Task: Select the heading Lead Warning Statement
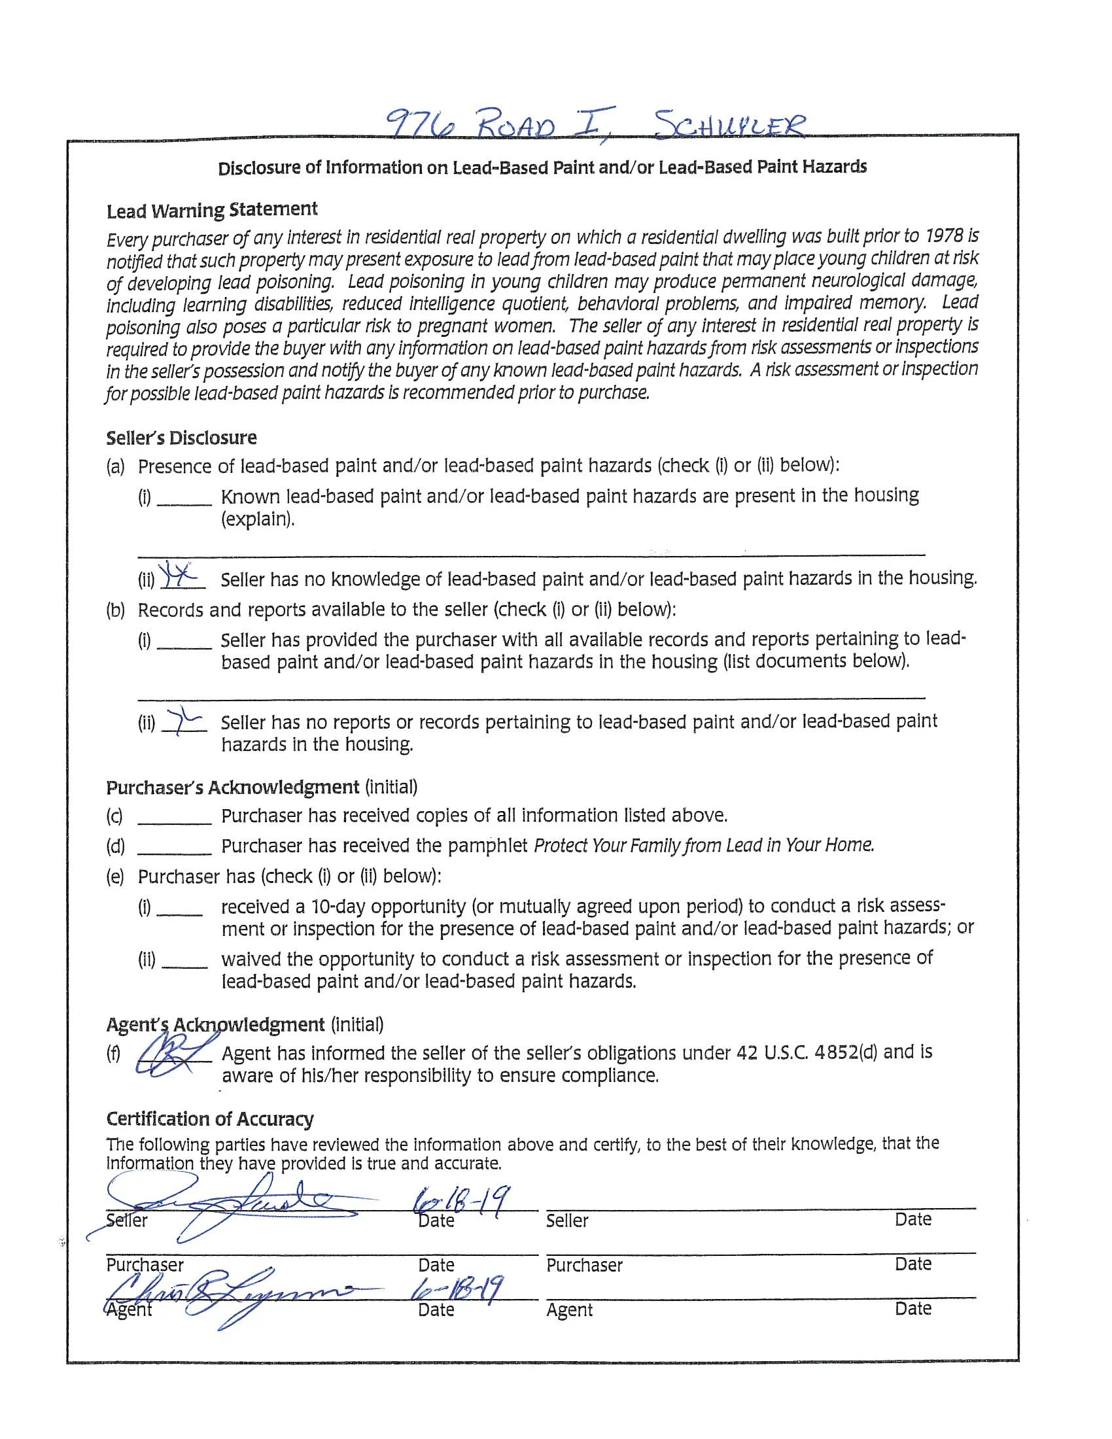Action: click(211, 210)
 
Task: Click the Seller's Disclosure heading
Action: click(181, 438)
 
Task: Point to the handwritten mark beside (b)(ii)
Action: click(184, 721)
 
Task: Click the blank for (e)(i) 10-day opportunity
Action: click(179, 910)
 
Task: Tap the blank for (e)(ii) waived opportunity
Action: click(184, 962)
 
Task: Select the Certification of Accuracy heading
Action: click(209, 1118)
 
